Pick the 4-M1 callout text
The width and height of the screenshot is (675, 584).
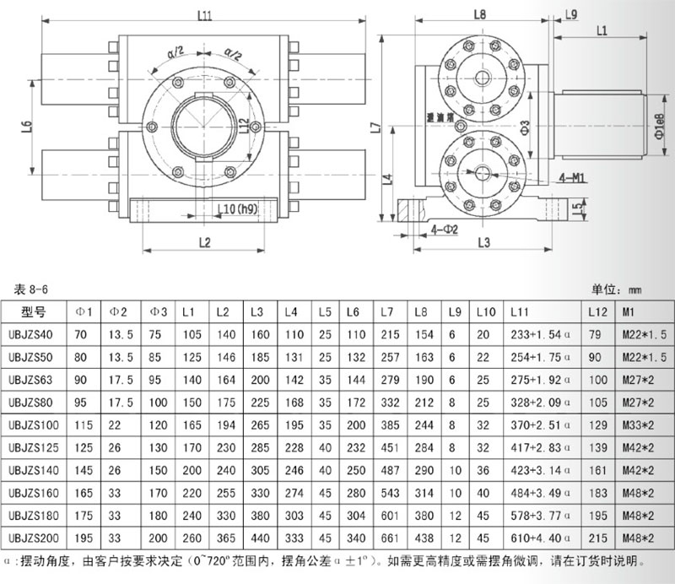[572, 178]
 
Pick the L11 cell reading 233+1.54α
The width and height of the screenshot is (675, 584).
[536, 334]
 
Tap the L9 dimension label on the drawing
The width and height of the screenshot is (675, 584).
[570, 14]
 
